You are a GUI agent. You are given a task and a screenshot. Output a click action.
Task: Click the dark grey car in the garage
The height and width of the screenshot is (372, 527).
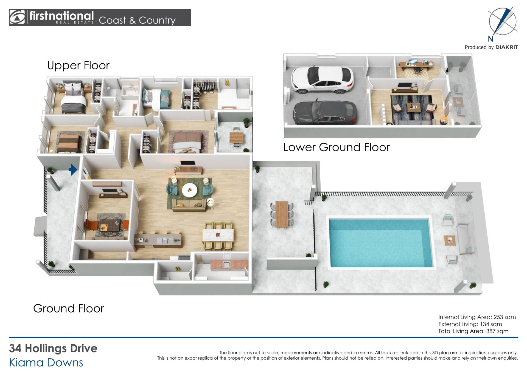325,112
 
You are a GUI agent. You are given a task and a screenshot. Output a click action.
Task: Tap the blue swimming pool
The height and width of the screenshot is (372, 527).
380,243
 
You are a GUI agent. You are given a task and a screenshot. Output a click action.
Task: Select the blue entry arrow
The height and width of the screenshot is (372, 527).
73,170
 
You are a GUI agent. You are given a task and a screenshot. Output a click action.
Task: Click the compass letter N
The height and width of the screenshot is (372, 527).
491,39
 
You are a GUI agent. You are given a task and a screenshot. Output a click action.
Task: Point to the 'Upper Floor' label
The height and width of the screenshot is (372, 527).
78,66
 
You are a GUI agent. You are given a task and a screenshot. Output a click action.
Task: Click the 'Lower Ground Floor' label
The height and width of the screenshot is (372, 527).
336,147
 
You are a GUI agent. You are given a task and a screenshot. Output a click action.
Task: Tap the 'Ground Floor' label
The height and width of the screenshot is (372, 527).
69,308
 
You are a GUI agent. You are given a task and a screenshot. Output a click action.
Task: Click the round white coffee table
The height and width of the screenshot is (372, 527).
189,190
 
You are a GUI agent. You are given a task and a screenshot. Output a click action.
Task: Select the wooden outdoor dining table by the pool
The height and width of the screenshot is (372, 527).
282,214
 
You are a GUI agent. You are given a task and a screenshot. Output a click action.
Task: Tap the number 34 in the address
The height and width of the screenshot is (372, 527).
15,348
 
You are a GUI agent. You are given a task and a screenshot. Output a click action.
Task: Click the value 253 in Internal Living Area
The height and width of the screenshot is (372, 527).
498,317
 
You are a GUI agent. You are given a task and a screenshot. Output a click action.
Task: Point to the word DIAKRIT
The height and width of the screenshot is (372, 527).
507,47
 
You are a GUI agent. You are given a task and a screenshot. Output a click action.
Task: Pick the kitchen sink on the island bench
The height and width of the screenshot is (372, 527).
166,241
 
